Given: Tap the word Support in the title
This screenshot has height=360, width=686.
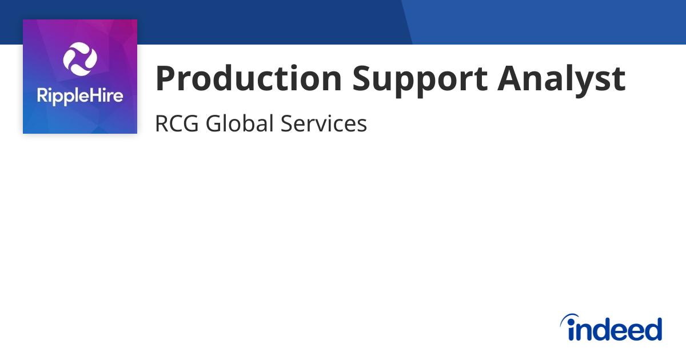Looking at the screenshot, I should coord(420,79).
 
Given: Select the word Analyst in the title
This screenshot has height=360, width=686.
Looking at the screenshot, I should coord(561,79).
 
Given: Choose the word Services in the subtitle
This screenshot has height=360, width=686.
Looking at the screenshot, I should coord(324,123).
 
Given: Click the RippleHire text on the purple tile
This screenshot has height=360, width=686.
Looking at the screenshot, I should coord(80,96).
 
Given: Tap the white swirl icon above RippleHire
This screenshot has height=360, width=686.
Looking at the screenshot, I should coord(80,59).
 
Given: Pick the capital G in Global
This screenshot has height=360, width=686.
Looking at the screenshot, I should coord(214,123).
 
